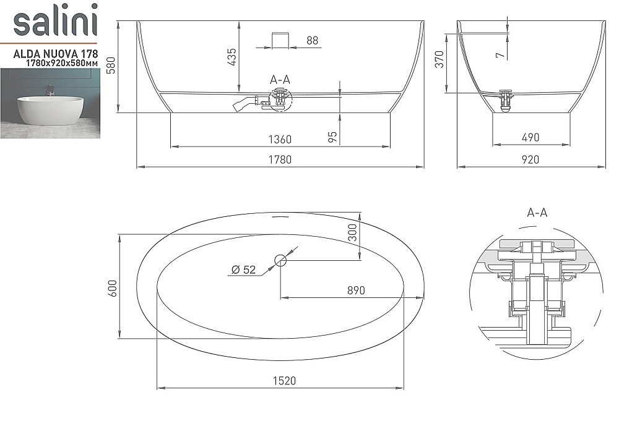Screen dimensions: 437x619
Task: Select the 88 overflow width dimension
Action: [x=312, y=41]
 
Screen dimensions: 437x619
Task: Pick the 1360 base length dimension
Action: [x=280, y=139]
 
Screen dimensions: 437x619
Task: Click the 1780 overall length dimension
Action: [x=280, y=159]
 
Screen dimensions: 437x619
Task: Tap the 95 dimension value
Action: [x=332, y=137]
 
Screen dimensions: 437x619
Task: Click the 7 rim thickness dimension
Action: [x=500, y=54]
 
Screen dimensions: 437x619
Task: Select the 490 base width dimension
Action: [x=530, y=138]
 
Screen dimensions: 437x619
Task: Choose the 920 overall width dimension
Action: [x=530, y=159]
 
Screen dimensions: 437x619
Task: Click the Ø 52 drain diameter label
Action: [x=243, y=269]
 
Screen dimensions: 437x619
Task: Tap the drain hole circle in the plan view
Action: [x=280, y=260]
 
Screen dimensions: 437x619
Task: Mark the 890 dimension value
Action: [x=355, y=290]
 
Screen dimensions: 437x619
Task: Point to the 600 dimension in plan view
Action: [x=112, y=287]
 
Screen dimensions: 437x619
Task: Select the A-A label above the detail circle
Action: [x=536, y=213]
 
